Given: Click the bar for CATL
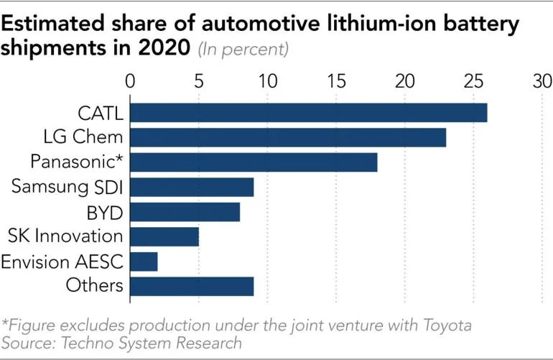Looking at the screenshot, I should (x=308, y=113).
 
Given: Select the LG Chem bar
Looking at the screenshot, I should (x=288, y=137).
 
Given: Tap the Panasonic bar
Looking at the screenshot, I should (x=254, y=162).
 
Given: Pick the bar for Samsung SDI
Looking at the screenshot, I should (x=192, y=187).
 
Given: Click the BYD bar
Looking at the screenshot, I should (x=185, y=212).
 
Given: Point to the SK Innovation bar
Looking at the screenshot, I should (x=164, y=236).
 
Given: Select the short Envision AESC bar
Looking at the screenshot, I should (x=144, y=262).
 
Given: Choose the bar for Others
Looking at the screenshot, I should (x=192, y=286).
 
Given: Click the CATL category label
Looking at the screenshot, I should (x=101, y=113).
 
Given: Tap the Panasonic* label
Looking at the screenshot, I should (x=78, y=162).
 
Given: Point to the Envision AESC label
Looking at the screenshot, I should (x=62, y=262).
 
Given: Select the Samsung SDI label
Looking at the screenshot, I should (x=68, y=187).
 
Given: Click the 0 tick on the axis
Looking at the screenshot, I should (x=130, y=80).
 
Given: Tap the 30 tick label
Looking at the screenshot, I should (x=542, y=80).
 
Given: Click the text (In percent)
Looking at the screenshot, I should (x=243, y=50).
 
